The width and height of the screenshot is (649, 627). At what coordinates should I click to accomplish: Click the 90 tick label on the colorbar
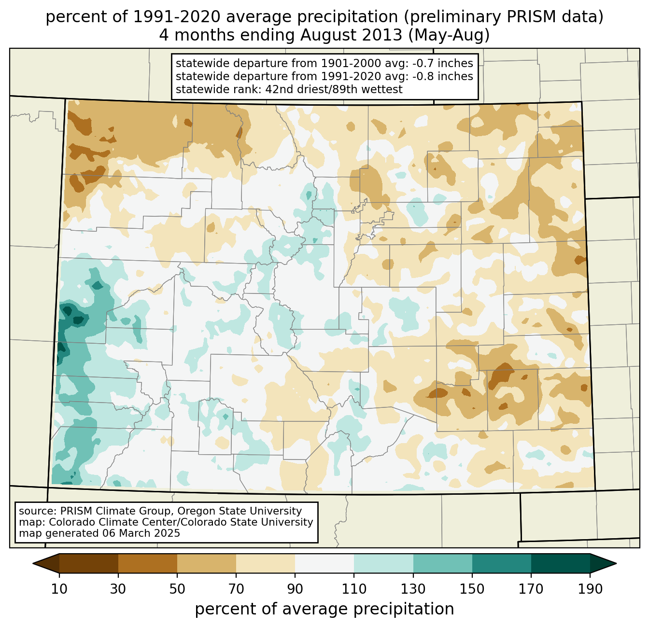(x=295, y=589)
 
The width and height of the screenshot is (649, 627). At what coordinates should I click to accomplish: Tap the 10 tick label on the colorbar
(x=59, y=589)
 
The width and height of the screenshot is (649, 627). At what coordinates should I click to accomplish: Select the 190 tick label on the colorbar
(x=590, y=589)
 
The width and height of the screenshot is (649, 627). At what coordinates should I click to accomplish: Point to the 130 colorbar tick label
(x=413, y=589)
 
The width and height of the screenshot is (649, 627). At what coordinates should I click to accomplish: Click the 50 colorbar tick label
(x=177, y=589)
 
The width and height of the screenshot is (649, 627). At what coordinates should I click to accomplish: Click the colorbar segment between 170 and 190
(x=561, y=563)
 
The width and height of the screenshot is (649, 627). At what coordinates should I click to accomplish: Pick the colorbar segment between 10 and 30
(x=89, y=563)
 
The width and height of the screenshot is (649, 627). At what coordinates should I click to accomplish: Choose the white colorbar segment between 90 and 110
(x=324, y=563)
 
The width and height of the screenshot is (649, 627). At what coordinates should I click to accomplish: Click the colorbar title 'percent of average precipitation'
(x=324, y=609)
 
